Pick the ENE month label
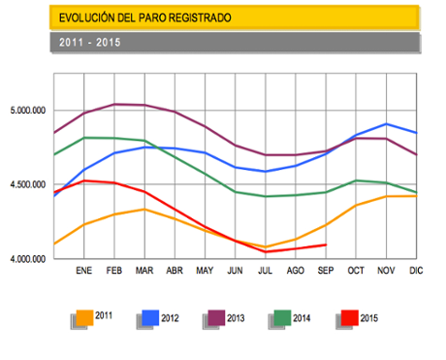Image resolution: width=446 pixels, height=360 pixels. point(84,271)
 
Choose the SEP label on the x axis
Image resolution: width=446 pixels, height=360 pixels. point(326,271)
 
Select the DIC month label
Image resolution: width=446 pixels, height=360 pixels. point(417,271)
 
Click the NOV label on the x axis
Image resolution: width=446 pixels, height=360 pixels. point(386,271)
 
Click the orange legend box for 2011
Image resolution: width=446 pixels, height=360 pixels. point(85,316)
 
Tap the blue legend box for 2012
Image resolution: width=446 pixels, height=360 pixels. point(150,316)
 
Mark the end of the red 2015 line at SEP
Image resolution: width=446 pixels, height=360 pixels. point(326,245)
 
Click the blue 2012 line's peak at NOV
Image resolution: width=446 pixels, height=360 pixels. point(386,124)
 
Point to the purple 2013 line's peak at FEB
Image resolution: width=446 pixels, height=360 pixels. point(114,104)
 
